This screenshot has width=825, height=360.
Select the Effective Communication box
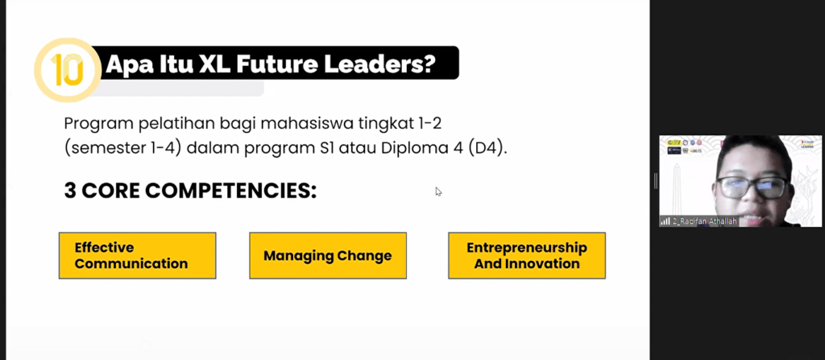(137, 255)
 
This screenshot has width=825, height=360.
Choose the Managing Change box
(327, 255)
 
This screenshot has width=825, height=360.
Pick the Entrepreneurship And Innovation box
(526, 255)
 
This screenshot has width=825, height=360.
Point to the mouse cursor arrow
(438, 192)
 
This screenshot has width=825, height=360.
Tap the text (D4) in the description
(488, 148)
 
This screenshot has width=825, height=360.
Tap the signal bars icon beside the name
(665, 221)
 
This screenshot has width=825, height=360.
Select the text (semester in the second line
(97, 148)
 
